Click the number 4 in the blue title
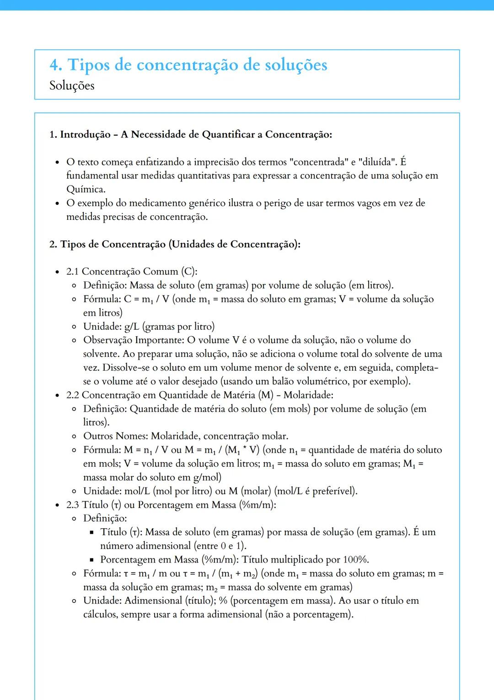point(55,65)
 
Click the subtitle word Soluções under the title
point(72,86)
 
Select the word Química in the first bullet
point(86,189)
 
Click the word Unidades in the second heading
point(192,244)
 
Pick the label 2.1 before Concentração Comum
point(72,272)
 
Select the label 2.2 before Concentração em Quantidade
point(72,395)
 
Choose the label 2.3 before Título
point(72,505)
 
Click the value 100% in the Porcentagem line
point(355,560)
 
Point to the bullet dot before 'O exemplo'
point(57,203)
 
